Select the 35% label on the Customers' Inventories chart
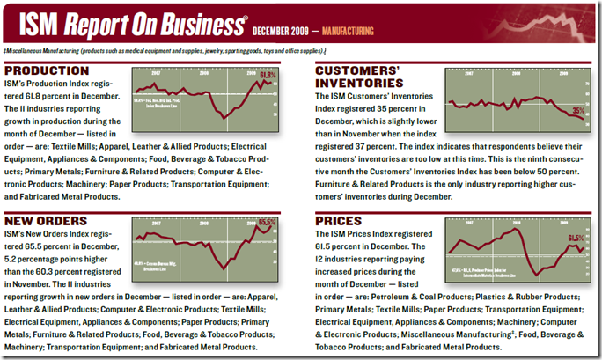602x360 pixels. click(x=577, y=111)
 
